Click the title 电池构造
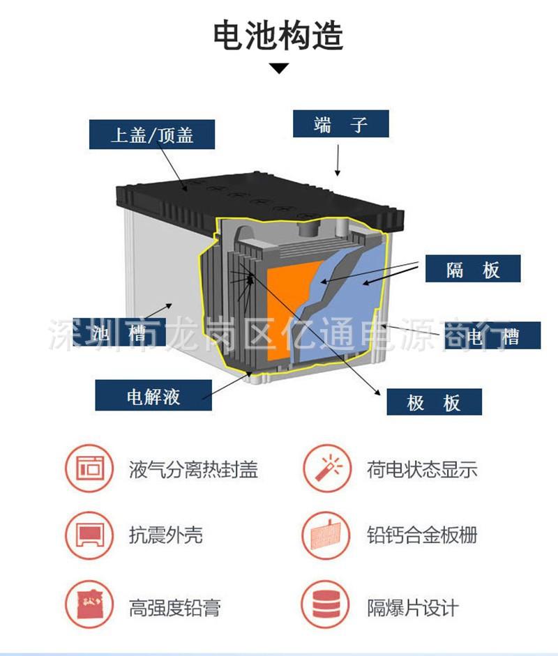(x=278, y=35)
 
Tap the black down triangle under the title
(x=279, y=68)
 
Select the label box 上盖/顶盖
(x=152, y=135)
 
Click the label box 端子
(x=341, y=123)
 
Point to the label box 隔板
(x=473, y=268)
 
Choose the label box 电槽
(x=492, y=335)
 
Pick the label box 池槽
(x=119, y=333)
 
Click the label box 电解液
(x=153, y=395)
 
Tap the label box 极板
(x=434, y=402)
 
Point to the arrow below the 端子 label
(x=338, y=160)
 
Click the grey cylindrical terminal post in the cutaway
(x=308, y=229)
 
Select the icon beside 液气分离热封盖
(x=89, y=468)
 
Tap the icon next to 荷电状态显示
(x=327, y=468)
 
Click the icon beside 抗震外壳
(x=89, y=535)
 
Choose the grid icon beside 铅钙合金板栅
(x=327, y=535)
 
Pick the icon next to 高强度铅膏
(x=89, y=604)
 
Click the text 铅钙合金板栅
(x=422, y=535)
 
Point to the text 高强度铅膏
(x=174, y=608)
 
